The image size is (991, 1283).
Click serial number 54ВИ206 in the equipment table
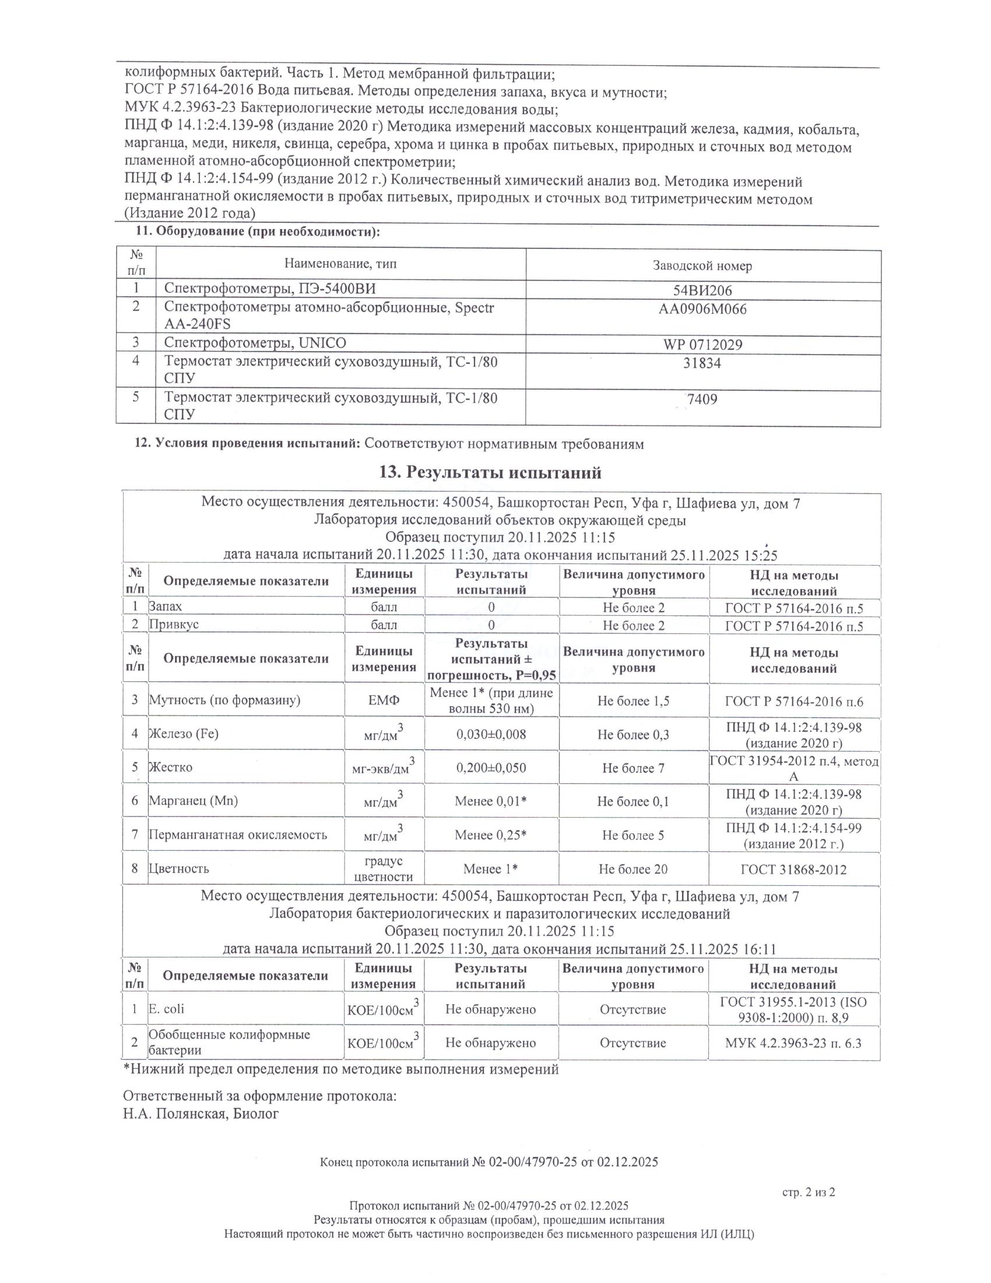[702, 290]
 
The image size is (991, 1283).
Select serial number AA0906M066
[702, 309]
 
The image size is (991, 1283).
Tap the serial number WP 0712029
[702, 344]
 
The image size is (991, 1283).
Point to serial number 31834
[702, 363]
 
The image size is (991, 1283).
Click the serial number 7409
[702, 399]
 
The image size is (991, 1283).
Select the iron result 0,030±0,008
[491, 734]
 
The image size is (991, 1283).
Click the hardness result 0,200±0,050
[491, 767]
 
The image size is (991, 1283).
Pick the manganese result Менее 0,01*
[491, 801]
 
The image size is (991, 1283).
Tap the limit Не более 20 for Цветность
[633, 869]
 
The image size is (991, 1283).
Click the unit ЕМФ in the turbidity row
[384, 700]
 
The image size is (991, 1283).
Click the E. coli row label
[166, 1009]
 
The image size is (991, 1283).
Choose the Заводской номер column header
[702, 265]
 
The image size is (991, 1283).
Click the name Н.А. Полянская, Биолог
[201, 1114]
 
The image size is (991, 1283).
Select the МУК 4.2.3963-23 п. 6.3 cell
[793, 1043]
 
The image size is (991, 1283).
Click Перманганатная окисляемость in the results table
[237, 835]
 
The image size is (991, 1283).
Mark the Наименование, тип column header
[340, 264]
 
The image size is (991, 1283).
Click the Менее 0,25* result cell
[491, 835]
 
